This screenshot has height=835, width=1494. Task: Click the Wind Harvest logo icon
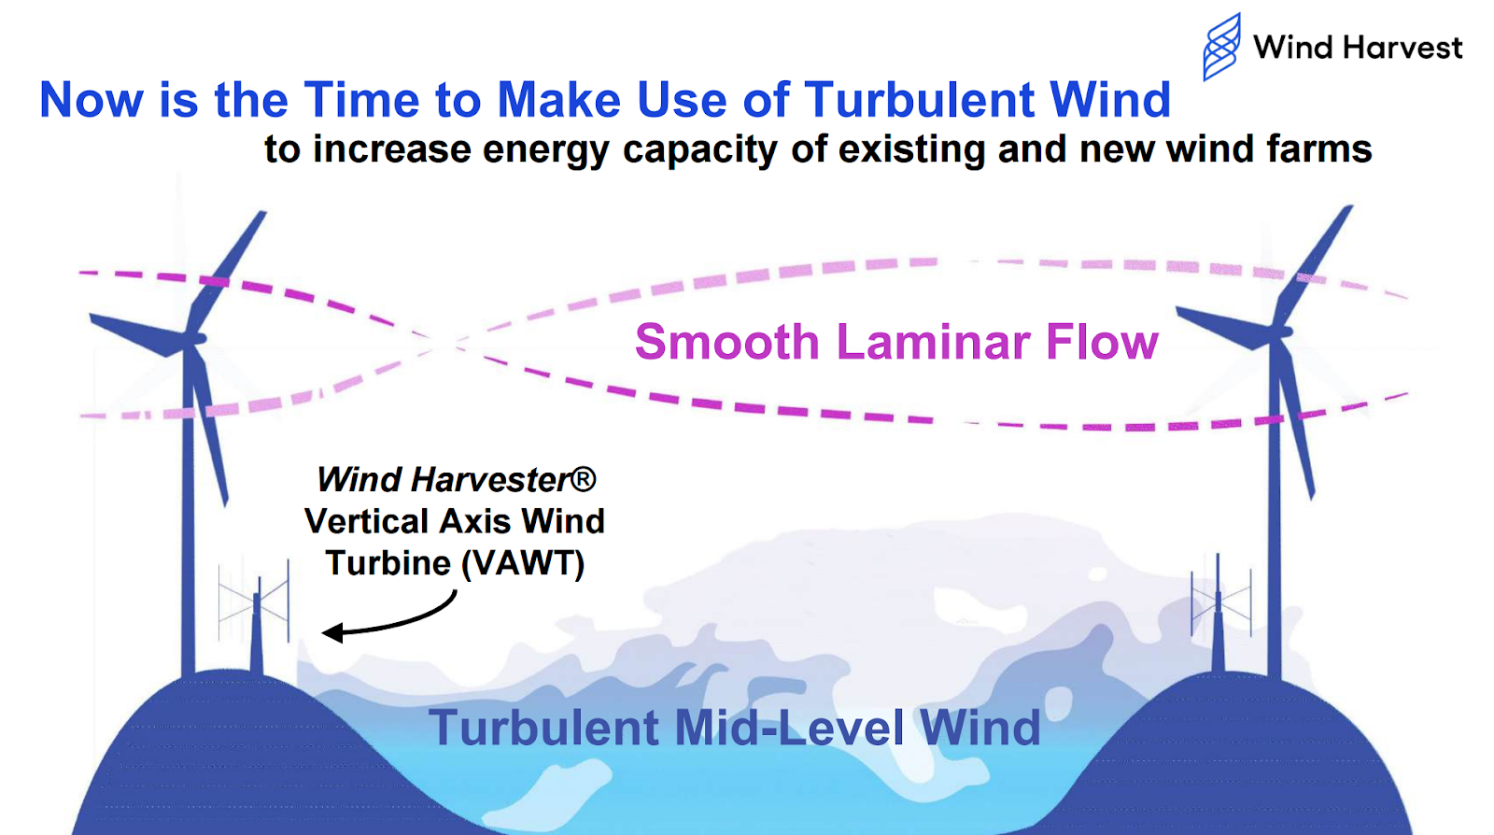point(1221,46)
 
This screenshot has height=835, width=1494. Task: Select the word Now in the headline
point(91,100)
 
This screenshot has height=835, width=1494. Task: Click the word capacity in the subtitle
point(699,149)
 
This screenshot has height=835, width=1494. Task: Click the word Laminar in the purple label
point(932,342)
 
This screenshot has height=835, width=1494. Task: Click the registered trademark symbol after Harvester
point(583,479)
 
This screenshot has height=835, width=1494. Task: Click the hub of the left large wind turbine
point(194,340)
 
